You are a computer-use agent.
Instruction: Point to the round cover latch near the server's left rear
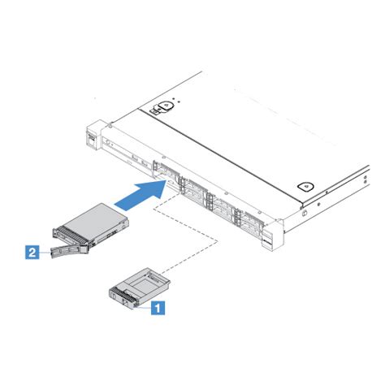(165, 105)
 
